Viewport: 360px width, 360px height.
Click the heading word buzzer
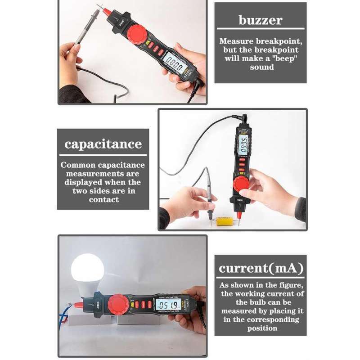pyautogui.click(x=260, y=20)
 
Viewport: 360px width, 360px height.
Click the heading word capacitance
pyautogui.click(x=103, y=144)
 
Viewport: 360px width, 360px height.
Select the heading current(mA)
pyautogui.click(x=261, y=269)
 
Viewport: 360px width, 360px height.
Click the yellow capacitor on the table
pyautogui.click(x=224, y=220)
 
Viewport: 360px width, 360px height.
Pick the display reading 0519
pyautogui.click(x=169, y=305)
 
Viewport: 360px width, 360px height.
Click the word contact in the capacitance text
pyautogui.click(x=103, y=199)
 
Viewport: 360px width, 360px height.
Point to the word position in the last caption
pyautogui.click(x=262, y=328)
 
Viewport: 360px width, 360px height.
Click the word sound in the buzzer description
pyautogui.click(x=262, y=67)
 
